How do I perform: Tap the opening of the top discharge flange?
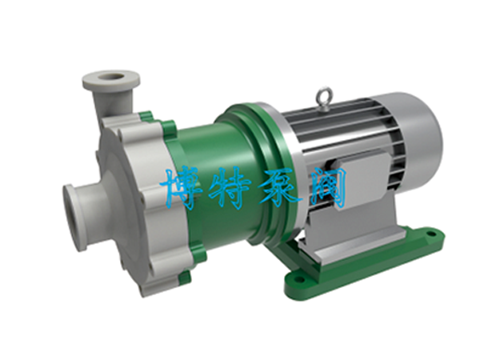pyautogui.click(x=112, y=76)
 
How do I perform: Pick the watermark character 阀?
pyautogui.click(x=327, y=187)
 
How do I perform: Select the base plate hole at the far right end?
pyautogui.click(x=431, y=234)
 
